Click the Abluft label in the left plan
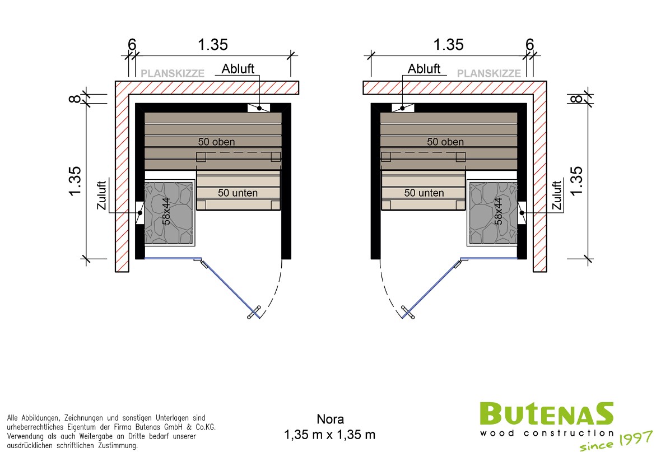[x=238, y=68]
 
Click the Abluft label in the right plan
[x=424, y=68]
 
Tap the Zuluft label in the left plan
[x=101, y=195]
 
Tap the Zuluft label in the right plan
[x=557, y=195]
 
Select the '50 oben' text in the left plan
[x=216, y=142]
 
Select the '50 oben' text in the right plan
[x=445, y=142]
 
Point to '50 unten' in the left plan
[x=238, y=193]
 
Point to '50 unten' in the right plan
[x=424, y=193]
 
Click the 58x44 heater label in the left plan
[x=166, y=211]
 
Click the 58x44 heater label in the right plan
[x=498, y=211]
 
